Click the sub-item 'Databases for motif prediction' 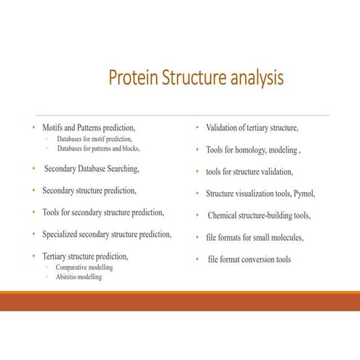click(95, 138)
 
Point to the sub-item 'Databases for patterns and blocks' click(98, 148)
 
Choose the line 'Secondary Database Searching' click(91, 169)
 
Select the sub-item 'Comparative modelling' click(84, 267)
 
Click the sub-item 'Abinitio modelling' click(79, 277)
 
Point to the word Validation click(223, 128)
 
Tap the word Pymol click(304, 194)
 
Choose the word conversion click(263, 260)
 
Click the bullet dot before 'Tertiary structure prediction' click(33, 256)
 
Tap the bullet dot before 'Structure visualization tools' click(197, 194)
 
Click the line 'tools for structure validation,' click(249, 172)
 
